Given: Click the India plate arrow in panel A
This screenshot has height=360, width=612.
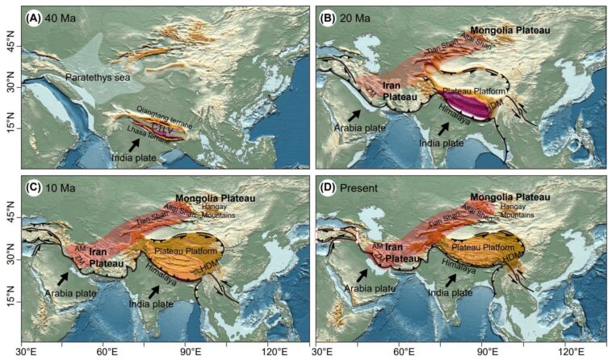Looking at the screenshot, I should click(136, 142).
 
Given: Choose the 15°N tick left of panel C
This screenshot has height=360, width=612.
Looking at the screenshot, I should click(11, 300).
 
